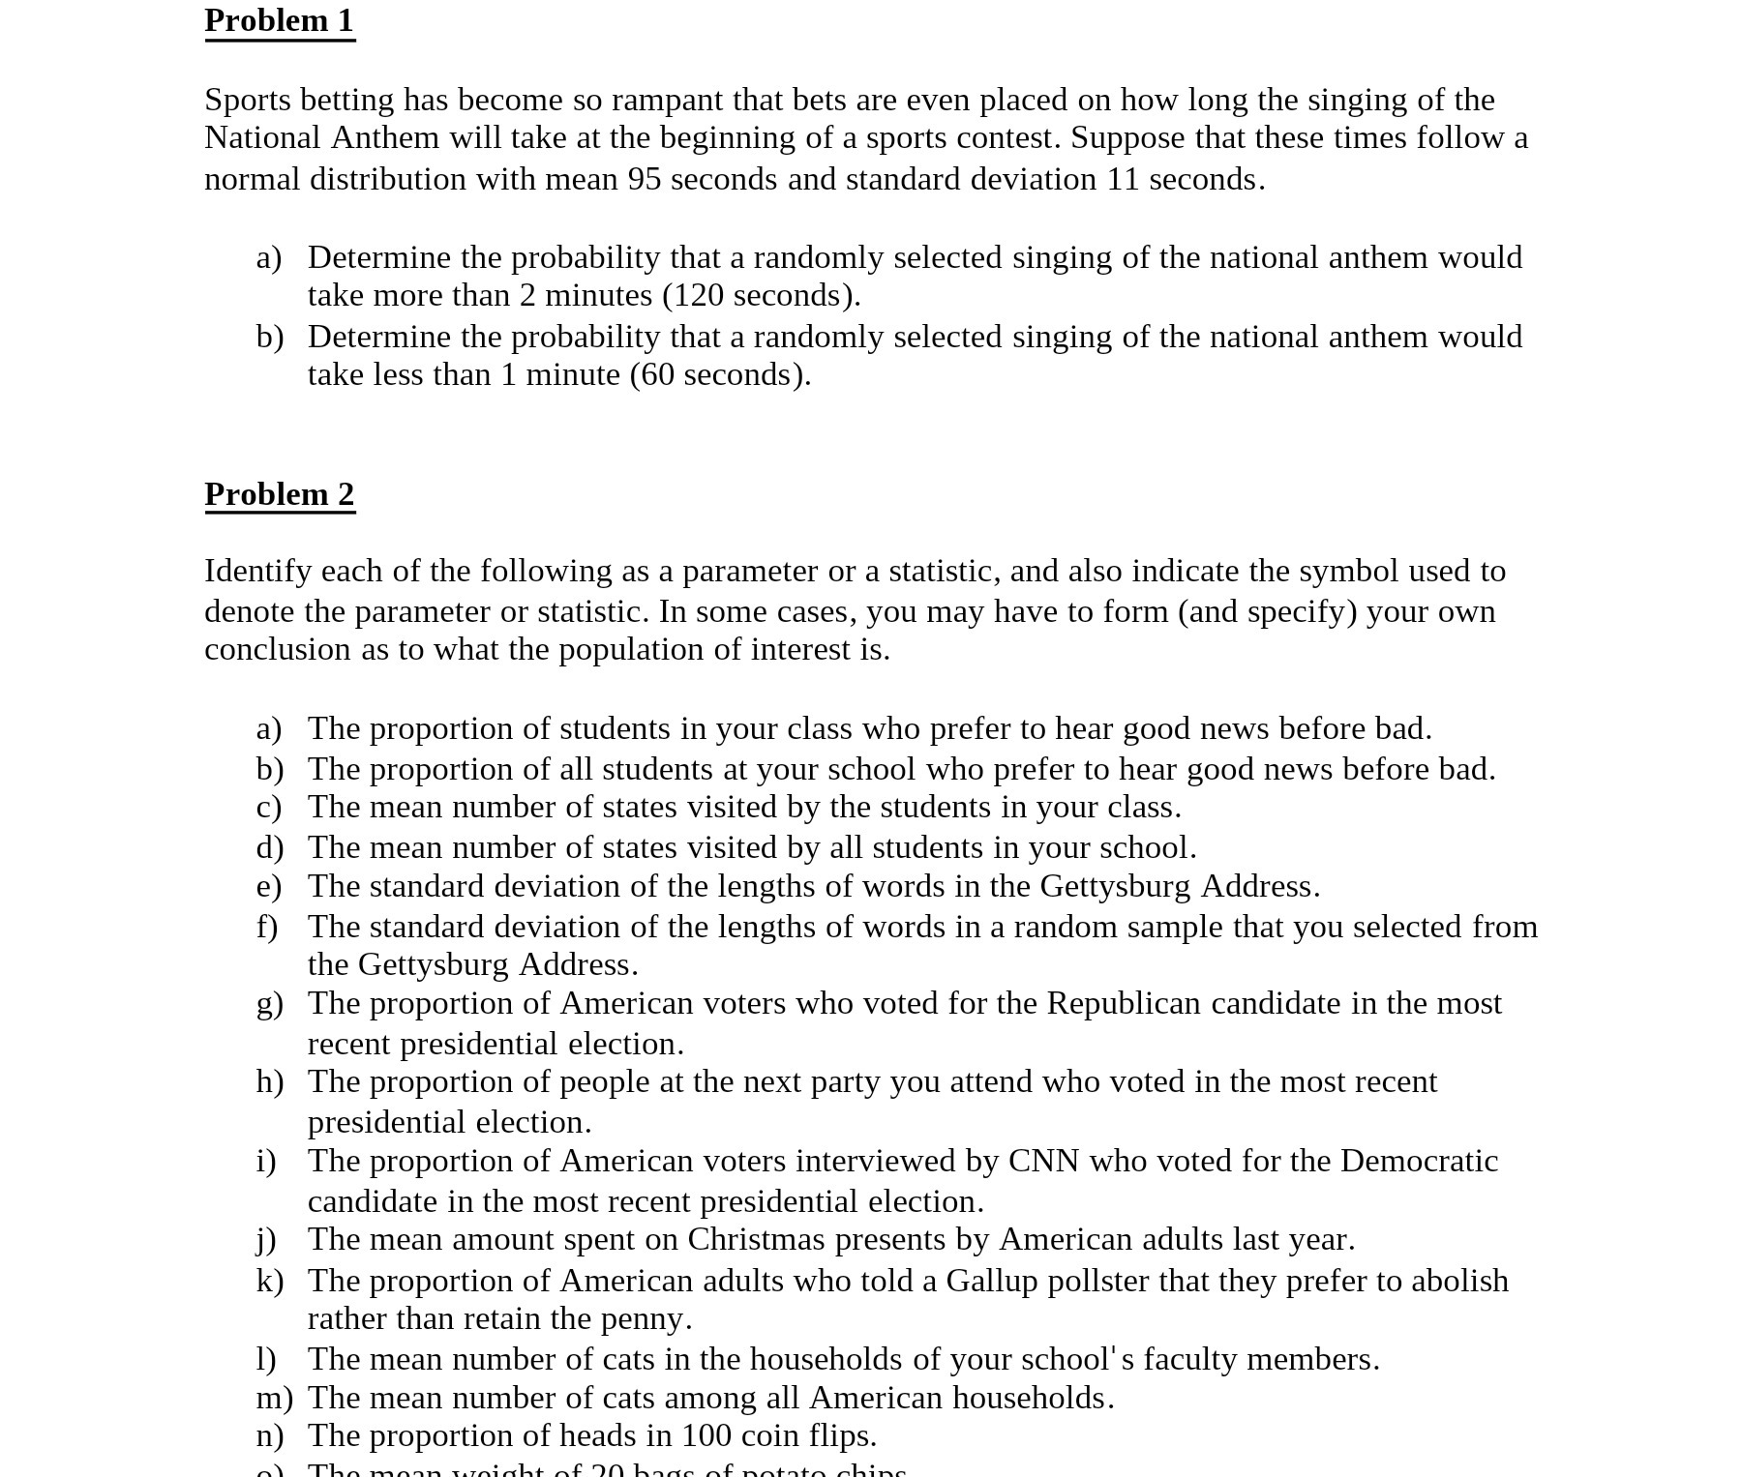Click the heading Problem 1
280,20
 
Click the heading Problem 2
280,494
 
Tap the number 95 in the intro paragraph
644,179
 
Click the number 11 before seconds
1123,179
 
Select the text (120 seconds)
761,295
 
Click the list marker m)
274,1398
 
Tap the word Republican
1123,1003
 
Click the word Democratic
1419,1161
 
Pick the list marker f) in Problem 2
267,927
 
